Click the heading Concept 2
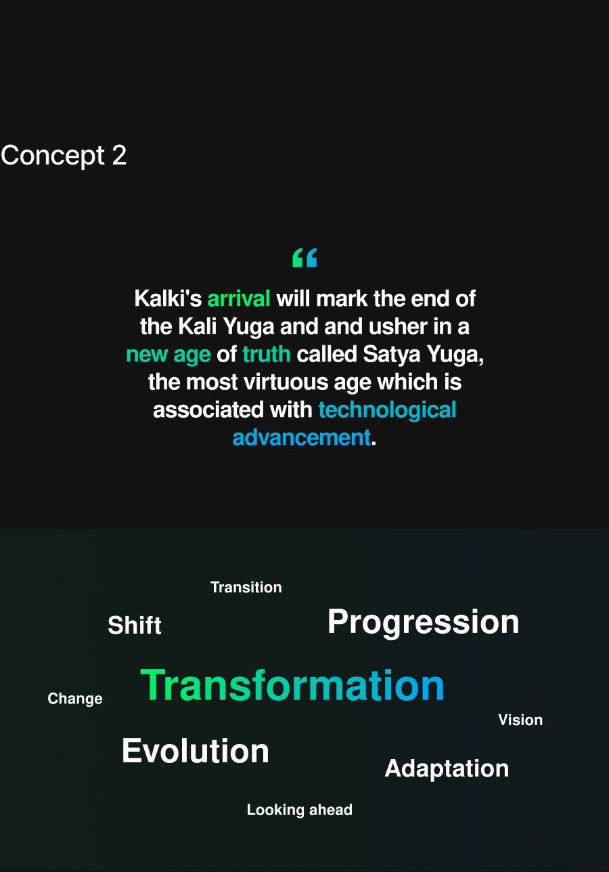64,156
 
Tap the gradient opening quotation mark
304,257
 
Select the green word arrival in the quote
239,299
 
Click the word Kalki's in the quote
168,299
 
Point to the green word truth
267,354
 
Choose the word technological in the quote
387,410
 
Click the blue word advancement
301,437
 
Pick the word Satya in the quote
392,354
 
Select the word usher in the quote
398,326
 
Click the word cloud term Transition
246,588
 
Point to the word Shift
135,625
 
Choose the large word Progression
424,622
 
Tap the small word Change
75,699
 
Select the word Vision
520,720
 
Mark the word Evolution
196,751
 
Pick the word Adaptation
447,769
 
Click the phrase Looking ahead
300,810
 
